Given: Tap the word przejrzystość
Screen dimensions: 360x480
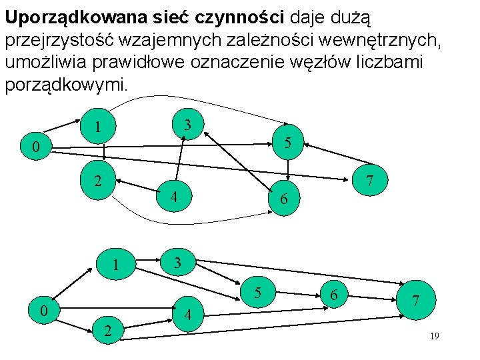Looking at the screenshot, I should coord(70,41).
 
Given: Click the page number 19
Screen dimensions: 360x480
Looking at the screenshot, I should coord(434,337).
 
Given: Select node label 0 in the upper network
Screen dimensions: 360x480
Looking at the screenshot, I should coord(25,147).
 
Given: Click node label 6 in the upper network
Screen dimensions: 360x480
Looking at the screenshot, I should coord(283,199).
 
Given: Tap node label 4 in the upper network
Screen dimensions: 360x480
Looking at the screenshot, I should coord(173,197).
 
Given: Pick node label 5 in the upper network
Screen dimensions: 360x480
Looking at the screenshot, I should coord(287,142).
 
